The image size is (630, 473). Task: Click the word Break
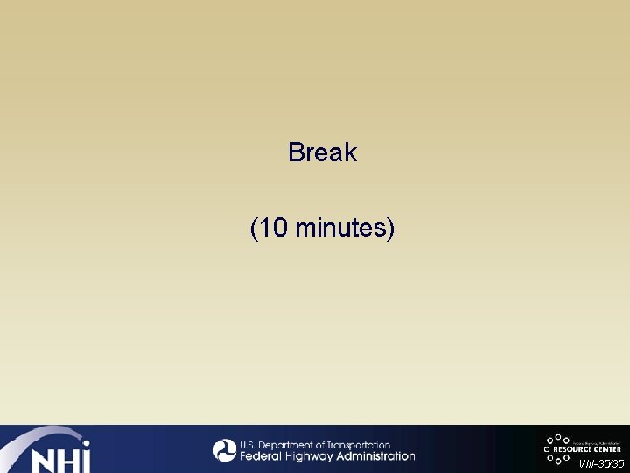pyautogui.click(x=322, y=152)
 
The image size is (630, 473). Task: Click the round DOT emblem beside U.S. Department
pyautogui.click(x=225, y=450)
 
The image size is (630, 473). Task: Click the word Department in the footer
pyautogui.click(x=288, y=445)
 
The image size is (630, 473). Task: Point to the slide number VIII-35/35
pyautogui.click(x=601, y=463)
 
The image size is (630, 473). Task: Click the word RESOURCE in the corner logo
pyautogui.click(x=570, y=449)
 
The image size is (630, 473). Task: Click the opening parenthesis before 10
pyautogui.click(x=254, y=229)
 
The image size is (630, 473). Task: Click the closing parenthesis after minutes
pyautogui.click(x=391, y=229)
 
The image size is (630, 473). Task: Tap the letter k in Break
pyautogui.click(x=351, y=152)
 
